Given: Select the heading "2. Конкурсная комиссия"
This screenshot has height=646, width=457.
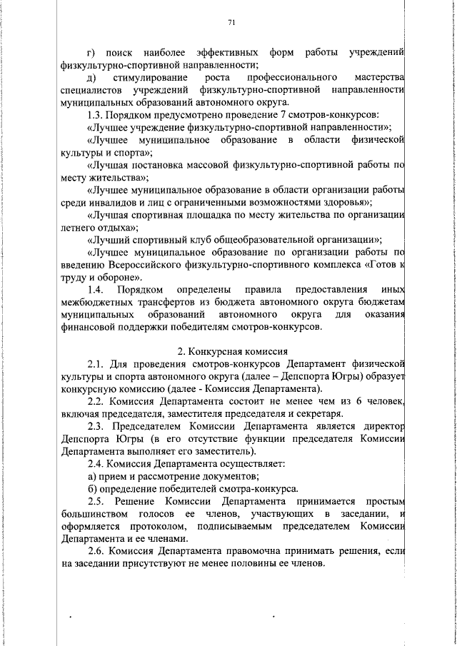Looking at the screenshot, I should point(232,351).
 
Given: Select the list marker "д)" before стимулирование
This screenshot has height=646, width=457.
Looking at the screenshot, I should point(91,77).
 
